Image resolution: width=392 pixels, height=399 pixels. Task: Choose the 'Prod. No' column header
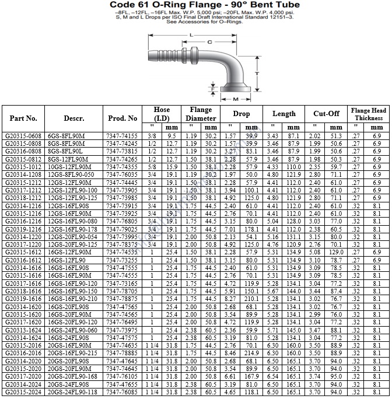[123, 118]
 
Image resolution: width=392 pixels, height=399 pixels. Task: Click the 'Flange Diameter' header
[201, 114]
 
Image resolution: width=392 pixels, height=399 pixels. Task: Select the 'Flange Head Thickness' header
[369, 114]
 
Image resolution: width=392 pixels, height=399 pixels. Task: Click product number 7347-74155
[123, 136]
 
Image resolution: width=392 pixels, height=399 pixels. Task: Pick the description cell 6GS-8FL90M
[66, 136]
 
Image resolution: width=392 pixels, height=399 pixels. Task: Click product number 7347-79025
[123, 229]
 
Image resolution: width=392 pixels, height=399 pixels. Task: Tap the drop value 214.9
[251, 353]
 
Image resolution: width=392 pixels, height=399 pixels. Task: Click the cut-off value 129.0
[335, 252]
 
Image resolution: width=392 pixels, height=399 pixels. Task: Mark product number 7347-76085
[123, 391]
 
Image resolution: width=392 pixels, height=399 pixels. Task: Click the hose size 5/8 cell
[152, 167]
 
